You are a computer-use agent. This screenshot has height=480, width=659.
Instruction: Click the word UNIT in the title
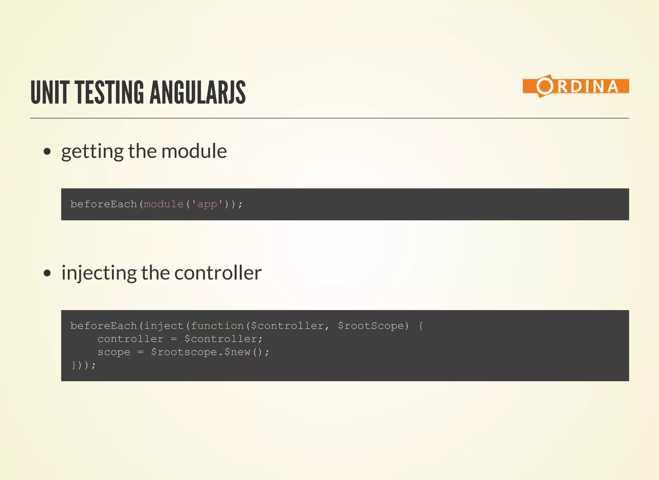[x=50, y=93]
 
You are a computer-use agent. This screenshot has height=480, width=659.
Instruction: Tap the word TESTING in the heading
[x=109, y=93]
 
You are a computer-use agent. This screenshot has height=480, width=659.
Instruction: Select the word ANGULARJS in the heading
[x=197, y=93]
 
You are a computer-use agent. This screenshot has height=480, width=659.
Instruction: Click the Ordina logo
[x=575, y=86]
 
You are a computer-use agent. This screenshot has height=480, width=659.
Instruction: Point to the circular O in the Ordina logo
[x=544, y=86]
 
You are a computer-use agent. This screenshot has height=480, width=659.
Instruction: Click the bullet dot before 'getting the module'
[x=47, y=152]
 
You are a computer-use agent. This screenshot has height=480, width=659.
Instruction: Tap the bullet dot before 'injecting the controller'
[x=47, y=273]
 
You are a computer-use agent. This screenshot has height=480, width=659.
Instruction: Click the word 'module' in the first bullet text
[x=194, y=151]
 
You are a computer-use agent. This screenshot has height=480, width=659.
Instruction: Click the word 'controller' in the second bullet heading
[x=218, y=273]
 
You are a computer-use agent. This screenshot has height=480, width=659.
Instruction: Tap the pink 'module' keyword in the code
[x=163, y=204]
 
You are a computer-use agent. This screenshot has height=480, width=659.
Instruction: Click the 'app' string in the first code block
[x=207, y=204]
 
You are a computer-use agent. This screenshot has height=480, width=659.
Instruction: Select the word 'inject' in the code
[x=163, y=326]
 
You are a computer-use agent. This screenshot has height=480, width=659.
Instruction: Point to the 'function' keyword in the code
[x=217, y=326]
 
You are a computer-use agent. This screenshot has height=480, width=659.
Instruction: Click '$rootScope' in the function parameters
[x=371, y=326]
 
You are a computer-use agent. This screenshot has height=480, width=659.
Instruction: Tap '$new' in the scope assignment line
[x=237, y=352]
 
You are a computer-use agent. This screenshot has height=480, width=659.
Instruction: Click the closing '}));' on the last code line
[x=83, y=365]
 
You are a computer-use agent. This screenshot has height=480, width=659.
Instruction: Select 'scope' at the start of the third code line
[x=114, y=352]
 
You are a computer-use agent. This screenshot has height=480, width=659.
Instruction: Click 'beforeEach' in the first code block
[x=104, y=204]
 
